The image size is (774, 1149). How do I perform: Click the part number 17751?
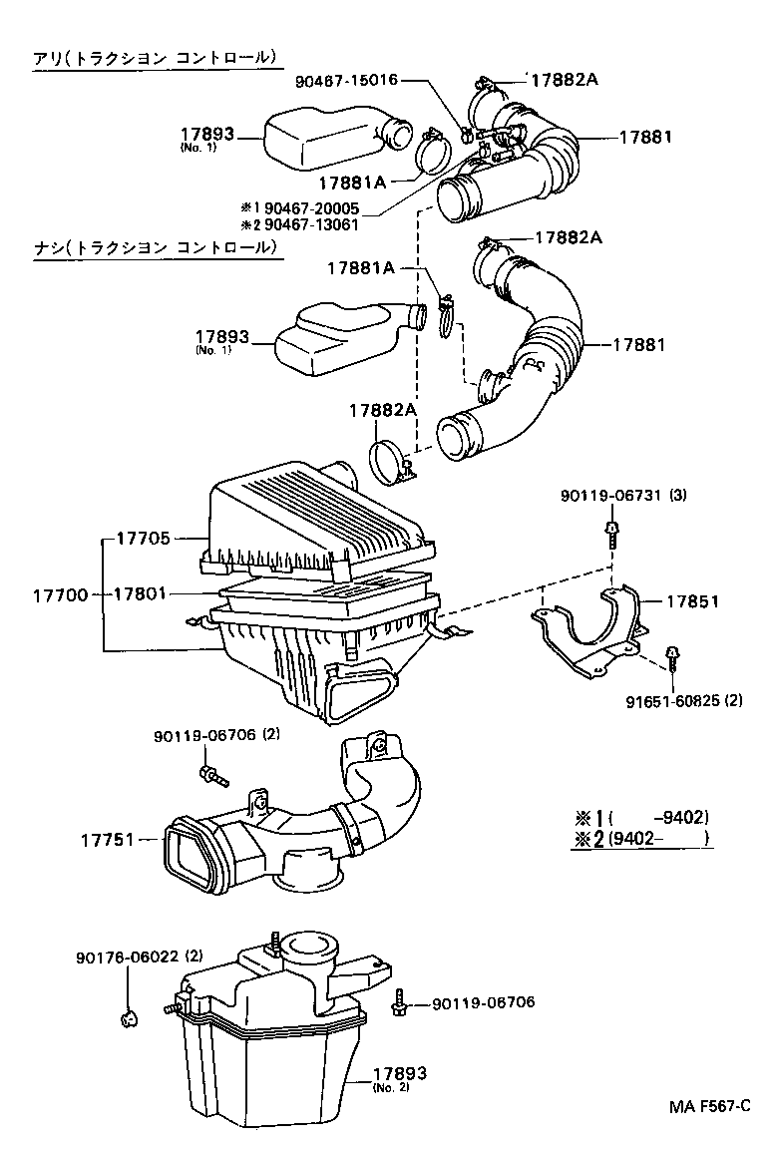tap(108, 840)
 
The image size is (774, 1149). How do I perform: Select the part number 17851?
tap(692, 601)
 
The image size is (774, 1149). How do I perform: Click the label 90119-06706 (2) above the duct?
tap(218, 735)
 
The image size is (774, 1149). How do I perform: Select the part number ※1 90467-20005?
tap(299, 207)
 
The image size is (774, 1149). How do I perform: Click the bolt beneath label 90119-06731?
tap(610, 534)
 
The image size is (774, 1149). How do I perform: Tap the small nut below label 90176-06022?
tap(128, 1017)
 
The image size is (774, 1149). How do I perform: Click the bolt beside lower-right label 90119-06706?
tap(401, 1002)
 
